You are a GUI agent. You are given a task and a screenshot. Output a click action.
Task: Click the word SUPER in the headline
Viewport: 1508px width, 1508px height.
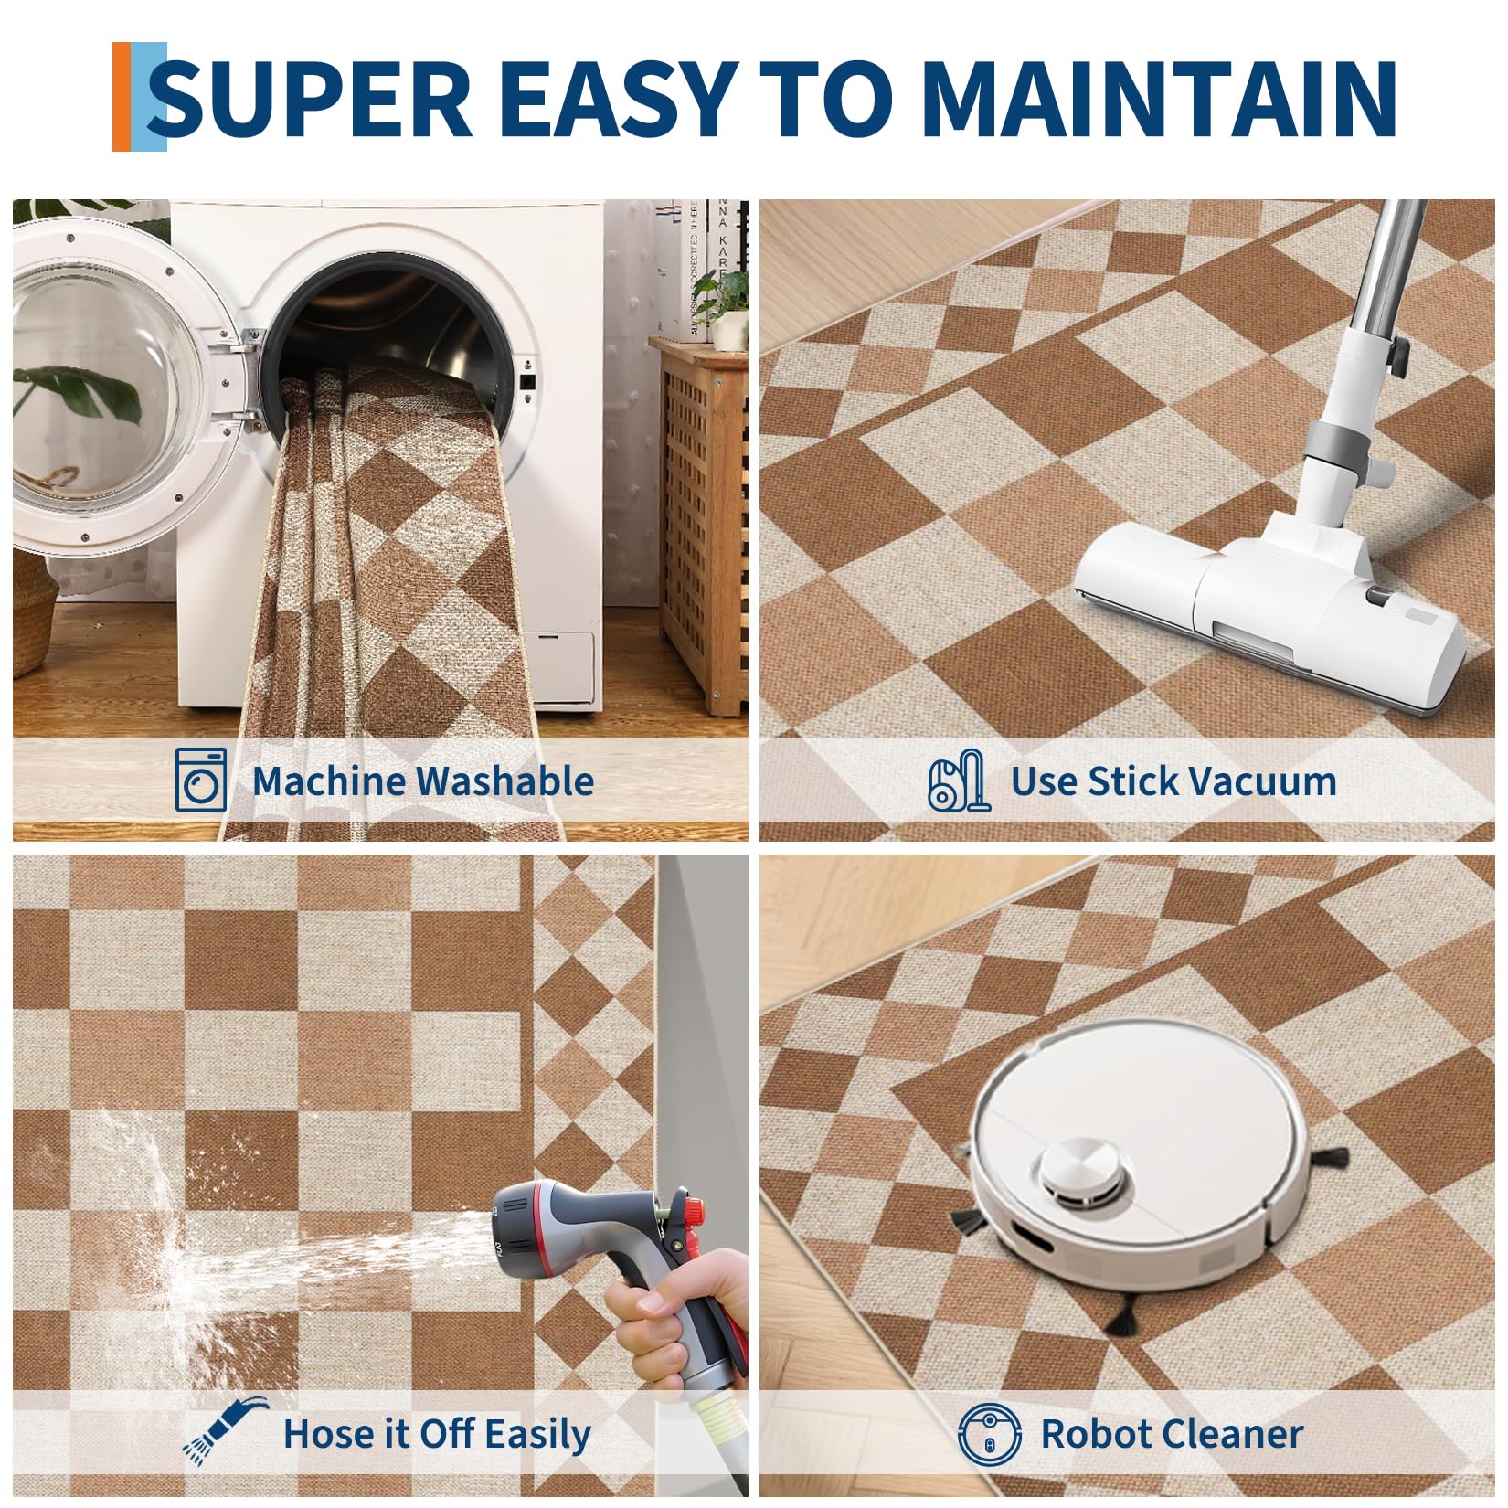(311, 99)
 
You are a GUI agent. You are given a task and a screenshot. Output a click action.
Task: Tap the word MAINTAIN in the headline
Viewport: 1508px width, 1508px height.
(1160, 99)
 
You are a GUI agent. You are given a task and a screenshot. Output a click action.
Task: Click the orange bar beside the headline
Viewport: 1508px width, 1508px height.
(122, 96)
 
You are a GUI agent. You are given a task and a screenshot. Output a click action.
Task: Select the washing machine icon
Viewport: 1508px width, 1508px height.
(201, 780)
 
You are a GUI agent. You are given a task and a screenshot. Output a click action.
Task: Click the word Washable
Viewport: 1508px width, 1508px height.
(505, 781)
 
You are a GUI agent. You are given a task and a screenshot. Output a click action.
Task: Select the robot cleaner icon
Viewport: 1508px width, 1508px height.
(990, 1432)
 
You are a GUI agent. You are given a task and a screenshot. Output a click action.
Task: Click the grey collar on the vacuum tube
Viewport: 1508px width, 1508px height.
(1343, 439)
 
